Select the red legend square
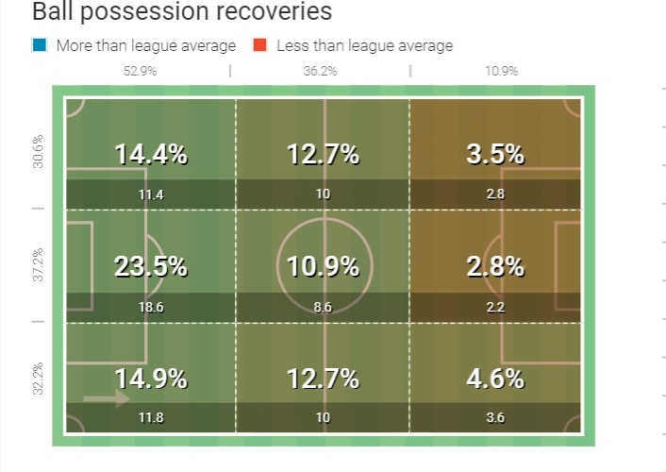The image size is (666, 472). point(258,45)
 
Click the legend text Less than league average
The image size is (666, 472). point(364,45)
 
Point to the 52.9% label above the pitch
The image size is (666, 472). point(141,71)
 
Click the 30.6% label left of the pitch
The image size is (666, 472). point(38,152)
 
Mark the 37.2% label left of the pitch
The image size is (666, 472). point(38,265)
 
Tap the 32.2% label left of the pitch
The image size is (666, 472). point(38,379)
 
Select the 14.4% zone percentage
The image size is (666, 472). point(151,155)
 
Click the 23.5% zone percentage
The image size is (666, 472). point(151,267)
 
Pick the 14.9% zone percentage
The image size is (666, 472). point(151,379)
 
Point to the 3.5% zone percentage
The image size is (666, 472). point(495,155)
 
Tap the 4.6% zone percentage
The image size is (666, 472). point(495,379)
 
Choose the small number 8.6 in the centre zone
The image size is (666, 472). point(323,308)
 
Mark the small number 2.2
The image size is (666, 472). point(495,308)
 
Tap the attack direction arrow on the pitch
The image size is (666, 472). point(106,399)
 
